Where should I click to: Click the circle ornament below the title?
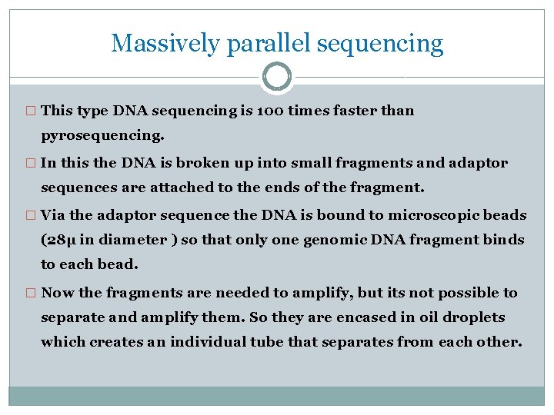(x=277, y=77)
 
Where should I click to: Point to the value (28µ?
(x=58, y=240)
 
